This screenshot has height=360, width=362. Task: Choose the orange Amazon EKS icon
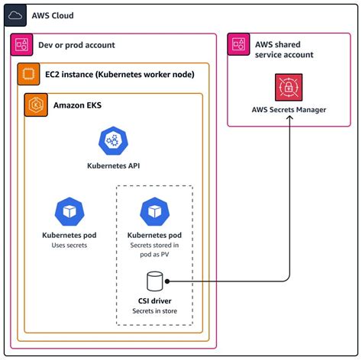point(36,104)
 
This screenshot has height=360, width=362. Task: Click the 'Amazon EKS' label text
point(79,104)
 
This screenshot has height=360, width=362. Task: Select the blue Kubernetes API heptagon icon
point(112,140)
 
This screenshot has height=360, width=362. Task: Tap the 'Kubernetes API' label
point(112,165)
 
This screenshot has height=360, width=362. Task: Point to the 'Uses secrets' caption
point(69,245)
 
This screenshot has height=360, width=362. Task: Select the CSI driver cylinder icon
point(155,281)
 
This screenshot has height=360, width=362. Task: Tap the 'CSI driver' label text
point(155,301)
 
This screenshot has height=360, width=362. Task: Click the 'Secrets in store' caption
point(155,310)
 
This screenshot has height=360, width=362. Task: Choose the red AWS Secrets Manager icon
point(289,88)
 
